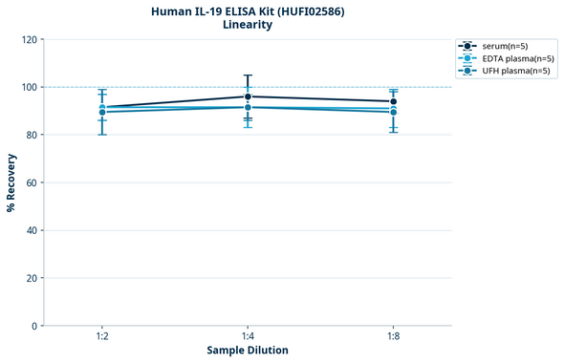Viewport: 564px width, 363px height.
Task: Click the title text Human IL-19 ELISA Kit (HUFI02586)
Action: tap(248, 11)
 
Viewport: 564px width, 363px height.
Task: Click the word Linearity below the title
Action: tap(248, 25)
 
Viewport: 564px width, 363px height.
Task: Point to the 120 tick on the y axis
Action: tap(30, 39)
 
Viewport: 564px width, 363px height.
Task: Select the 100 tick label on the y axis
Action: tap(30, 87)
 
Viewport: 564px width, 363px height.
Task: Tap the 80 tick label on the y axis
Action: tap(33, 135)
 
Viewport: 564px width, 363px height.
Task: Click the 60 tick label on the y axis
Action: tap(33, 182)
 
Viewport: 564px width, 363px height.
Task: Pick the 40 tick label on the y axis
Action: tap(33, 230)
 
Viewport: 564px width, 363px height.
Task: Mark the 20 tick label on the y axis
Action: tap(33, 278)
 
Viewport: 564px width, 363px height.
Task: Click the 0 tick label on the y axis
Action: tap(35, 326)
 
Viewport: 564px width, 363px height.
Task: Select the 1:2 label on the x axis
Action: tap(102, 337)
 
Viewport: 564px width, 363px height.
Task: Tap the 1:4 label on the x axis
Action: tap(248, 337)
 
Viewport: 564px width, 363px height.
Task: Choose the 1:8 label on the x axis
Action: tap(393, 337)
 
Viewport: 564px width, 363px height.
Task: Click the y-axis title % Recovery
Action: tap(11, 182)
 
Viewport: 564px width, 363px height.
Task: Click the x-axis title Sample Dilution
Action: tap(248, 351)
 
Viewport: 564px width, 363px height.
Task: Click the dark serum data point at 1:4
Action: tap(248, 96)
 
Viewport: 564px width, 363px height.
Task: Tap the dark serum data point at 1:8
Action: tap(393, 101)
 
